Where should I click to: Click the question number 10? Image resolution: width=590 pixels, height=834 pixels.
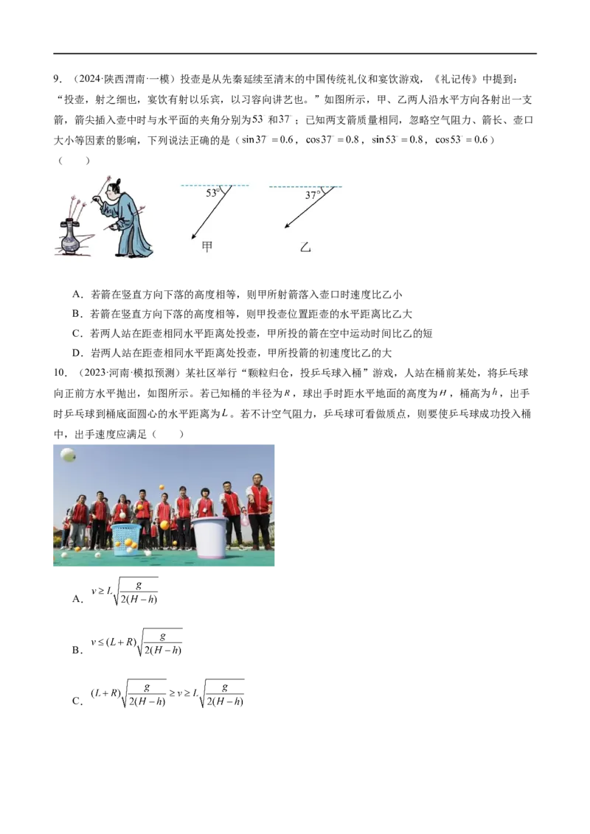tap(60, 373)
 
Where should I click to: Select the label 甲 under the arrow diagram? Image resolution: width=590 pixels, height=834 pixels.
tap(207, 247)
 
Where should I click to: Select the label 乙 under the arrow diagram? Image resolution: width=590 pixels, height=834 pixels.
tap(305, 248)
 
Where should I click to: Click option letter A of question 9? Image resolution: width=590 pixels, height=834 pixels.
tap(77, 295)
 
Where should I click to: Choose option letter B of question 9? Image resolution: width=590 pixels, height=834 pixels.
tap(77, 315)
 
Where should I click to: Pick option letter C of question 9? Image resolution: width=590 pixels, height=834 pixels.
tap(77, 334)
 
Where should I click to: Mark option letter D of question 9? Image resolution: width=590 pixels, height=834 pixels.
tap(77, 353)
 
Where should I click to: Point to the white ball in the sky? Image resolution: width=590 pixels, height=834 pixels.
tap(68, 455)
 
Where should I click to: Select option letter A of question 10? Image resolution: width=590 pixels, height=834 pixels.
tap(77, 599)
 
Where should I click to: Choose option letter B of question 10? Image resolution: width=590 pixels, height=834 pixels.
tap(77, 650)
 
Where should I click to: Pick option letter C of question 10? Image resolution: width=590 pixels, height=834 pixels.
tap(77, 701)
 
